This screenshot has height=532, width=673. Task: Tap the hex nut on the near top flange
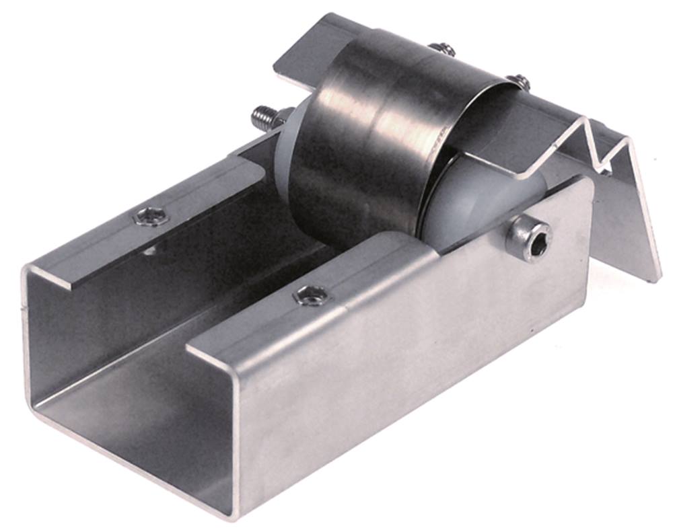click(312, 294)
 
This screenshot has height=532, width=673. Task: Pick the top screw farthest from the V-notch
click(442, 48)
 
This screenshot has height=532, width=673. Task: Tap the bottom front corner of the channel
click(232, 515)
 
